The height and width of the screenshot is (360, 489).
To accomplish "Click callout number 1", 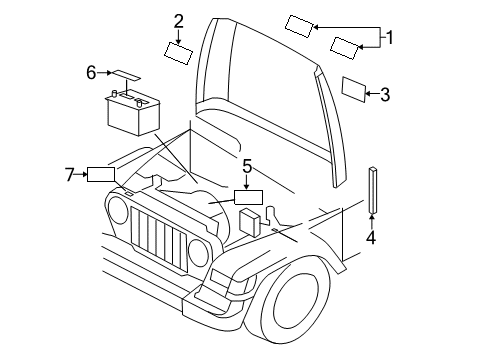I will point(391,38).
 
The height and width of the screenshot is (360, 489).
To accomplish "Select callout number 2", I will point(178,20).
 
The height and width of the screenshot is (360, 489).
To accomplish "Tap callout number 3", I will point(386,95).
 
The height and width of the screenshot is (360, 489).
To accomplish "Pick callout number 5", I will point(247,166).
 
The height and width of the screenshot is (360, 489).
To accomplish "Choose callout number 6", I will point(91,72).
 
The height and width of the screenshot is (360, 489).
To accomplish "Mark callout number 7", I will point(71,175).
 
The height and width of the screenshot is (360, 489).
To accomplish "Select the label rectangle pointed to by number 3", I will point(353,90).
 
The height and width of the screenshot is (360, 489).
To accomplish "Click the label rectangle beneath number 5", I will point(247,197).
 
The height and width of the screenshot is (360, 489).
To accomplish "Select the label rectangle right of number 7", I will point(102,175).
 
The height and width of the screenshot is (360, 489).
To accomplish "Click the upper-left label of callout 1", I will point(301,26).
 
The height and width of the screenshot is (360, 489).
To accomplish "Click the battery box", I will point(132,112).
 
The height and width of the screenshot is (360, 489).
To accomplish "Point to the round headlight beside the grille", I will point(119,210).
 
